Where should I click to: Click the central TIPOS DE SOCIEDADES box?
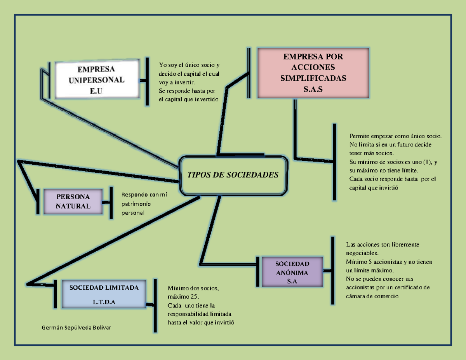(x=233, y=175)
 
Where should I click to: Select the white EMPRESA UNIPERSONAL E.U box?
(x=97, y=80)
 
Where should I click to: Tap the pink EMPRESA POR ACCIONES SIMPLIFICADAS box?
(x=313, y=73)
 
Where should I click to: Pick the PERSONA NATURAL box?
(x=73, y=201)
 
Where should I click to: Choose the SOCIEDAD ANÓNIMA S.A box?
(x=292, y=272)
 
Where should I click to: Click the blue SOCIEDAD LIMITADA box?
(x=104, y=294)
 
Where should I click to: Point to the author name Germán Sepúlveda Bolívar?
(x=76, y=328)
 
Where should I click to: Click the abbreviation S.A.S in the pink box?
(x=313, y=90)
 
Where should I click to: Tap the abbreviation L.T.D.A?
(x=104, y=302)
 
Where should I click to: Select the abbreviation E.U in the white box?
(x=97, y=91)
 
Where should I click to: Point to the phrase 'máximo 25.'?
(x=183, y=297)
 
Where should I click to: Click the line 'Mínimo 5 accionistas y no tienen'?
(x=389, y=262)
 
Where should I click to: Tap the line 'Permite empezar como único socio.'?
(x=395, y=136)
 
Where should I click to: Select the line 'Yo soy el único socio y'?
(x=189, y=65)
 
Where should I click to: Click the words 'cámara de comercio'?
(x=372, y=296)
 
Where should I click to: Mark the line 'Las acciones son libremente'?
(x=383, y=245)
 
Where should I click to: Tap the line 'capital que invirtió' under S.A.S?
(x=374, y=188)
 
